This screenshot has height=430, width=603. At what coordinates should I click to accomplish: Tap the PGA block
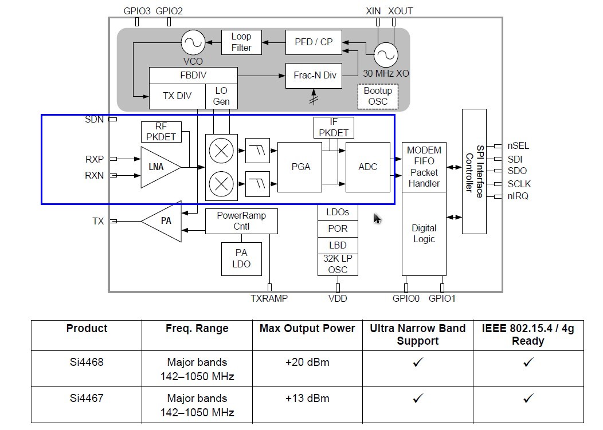tap(300, 167)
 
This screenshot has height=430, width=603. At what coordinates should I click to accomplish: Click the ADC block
tap(367, 167)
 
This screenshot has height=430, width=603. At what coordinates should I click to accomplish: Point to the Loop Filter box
tap(241, 42)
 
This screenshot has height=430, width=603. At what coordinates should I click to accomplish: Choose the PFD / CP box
tap(314, 42)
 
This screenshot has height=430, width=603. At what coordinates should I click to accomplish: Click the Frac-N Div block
tap(315, 75)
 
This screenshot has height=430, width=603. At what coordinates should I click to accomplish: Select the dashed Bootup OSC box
tap(378, 96)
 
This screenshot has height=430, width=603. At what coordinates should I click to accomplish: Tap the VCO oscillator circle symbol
tap(193, 42)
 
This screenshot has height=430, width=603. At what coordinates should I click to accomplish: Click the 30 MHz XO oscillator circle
tap(386, 55)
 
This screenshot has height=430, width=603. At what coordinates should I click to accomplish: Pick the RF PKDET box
tap(161, 132)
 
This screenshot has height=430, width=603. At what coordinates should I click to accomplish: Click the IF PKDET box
tap(334, 127)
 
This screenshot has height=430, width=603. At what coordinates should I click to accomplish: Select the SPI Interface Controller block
tap(474, 171)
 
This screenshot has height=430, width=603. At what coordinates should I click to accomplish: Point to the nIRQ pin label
tap(518, 196)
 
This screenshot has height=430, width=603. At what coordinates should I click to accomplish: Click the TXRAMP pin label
tap(269, 298)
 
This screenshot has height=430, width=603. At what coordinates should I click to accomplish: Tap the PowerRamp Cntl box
tap(241, 221)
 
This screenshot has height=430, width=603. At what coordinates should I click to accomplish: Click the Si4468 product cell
tap(87, 362)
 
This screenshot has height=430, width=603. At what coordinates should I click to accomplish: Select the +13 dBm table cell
tap(307, 399)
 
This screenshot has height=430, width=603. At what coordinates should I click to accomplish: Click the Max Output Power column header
tap(307, 329)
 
